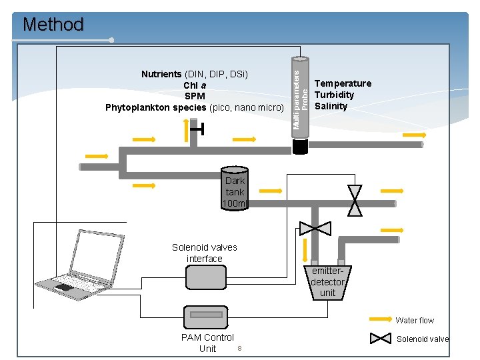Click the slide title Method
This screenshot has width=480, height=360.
tap(53, 25)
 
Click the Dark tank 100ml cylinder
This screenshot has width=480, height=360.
tap(235, 189)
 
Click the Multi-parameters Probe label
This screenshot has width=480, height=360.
tap(301, 93)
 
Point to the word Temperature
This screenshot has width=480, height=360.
tap(343, 83)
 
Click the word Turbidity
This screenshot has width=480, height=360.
tap(334, 95)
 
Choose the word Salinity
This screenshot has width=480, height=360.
tap(331, 106)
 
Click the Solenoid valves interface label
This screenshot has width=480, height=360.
tap(204, 253)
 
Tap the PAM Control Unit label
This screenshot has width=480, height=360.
tap(207, 343)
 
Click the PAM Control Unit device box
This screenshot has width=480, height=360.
tap(207, 315)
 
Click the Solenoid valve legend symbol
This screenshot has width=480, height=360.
tap(381, 339)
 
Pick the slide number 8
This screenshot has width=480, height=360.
tap(239, 348)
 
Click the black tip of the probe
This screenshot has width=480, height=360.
tap(301, 146)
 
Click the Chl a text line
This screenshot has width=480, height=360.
tap(195, 85)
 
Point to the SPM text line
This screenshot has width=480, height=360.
tap(195, 96)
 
